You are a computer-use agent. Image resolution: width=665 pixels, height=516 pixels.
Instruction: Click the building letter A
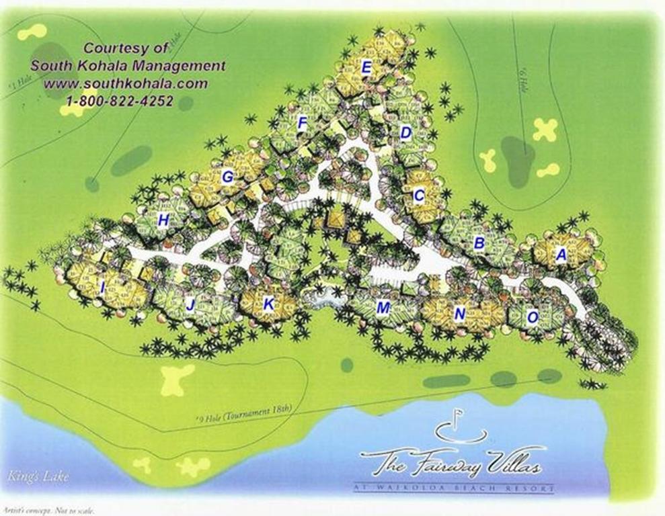561,255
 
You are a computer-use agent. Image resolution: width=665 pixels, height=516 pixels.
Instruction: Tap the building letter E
366,67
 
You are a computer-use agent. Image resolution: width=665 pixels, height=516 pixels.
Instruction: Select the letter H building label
163,220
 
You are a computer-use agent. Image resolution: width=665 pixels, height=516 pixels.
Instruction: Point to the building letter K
268,304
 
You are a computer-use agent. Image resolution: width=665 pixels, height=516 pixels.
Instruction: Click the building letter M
383,308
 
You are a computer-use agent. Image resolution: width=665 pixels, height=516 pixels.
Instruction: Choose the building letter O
532,318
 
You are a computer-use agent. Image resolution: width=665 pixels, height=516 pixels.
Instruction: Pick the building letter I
102,288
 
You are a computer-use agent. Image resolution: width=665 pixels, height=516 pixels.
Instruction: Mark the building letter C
419,196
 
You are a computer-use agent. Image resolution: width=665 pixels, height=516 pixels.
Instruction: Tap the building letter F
303,123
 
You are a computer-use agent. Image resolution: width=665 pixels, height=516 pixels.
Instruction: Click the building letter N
460,314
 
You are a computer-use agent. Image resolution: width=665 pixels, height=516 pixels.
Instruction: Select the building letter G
227,177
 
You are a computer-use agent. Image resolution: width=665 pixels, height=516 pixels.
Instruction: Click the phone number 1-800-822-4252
120,101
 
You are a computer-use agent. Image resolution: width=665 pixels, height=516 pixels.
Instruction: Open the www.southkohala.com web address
126,84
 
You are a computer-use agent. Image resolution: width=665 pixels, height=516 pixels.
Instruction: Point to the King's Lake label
30,478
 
